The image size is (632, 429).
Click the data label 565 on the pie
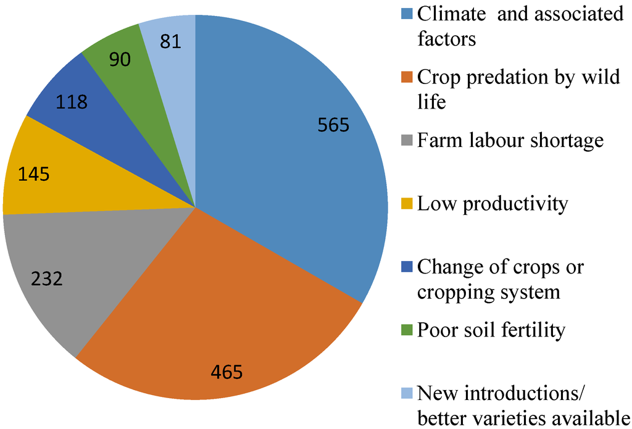333,125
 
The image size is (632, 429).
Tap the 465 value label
227,372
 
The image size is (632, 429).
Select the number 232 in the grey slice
47,279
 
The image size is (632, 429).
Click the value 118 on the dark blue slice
72,102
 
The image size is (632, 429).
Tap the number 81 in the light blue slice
170,43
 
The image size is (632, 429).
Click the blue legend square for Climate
407,14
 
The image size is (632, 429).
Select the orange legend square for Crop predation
407,77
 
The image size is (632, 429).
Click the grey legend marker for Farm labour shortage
407,141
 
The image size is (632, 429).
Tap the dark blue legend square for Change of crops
407,267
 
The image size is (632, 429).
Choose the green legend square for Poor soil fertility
407,330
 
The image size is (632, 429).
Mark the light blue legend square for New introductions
407,393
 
